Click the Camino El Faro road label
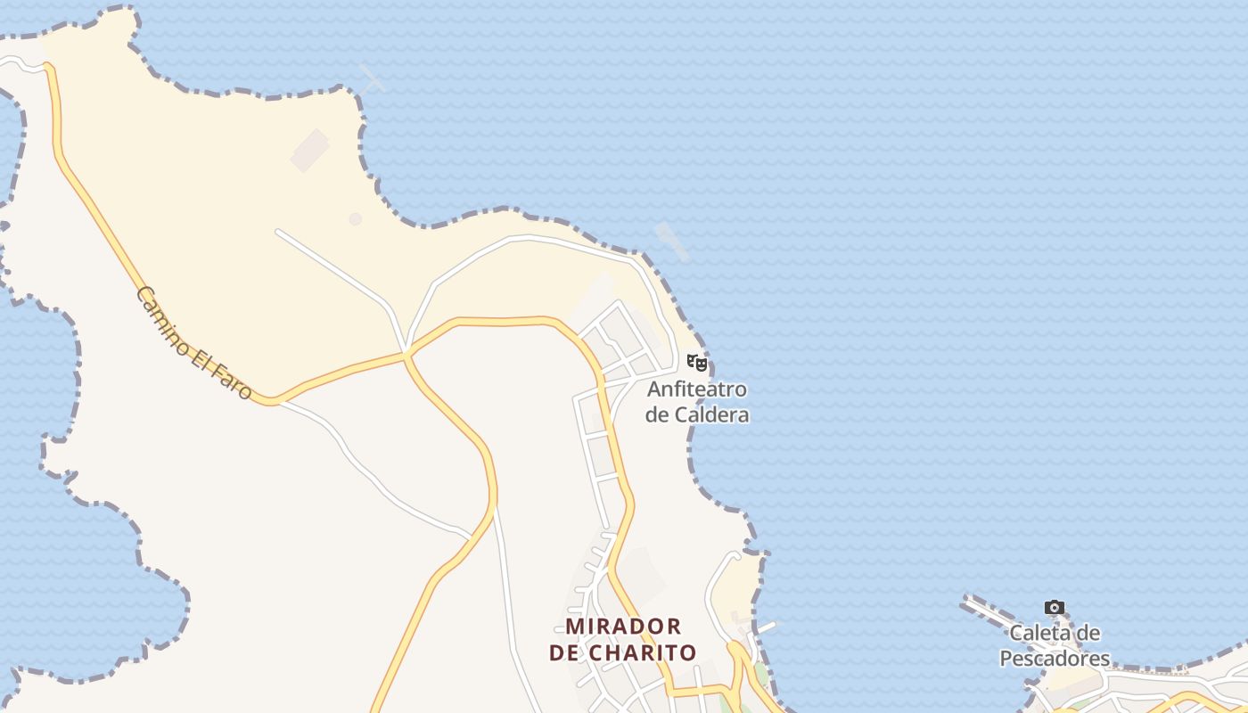click(x=194, y=342)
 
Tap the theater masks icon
click(x=697, y=363)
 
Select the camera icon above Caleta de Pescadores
click(x=1055, y=608)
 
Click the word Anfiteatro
click(x=697, y=389)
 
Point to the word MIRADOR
click(x=624, y=626)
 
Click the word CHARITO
click(x=644, y=652)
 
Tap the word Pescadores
click(x=1055, y=659)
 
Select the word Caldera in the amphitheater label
click(x=712, y=414)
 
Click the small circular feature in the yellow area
click(x=356, y=218)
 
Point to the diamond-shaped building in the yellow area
click(x=309, y=150)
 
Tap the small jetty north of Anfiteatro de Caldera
click(x=672, y=242)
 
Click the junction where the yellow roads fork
click(x=406, y=356)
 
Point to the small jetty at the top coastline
click(x=372, y=78)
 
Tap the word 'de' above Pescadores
click(x=1089, y=634)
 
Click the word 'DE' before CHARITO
click(x=564, y=652)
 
